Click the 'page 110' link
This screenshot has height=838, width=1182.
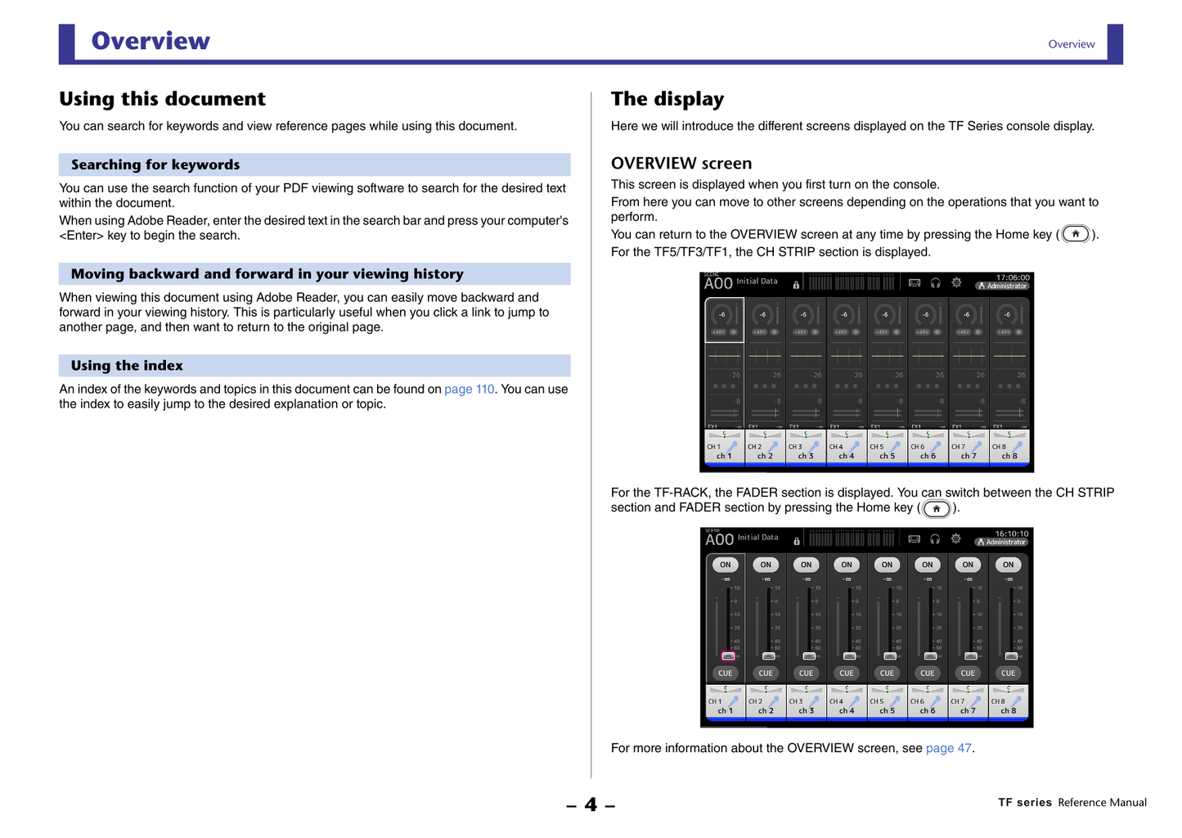[x=469, y=390]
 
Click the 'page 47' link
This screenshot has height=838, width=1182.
[x=948, y=748]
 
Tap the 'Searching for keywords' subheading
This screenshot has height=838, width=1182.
[x=155, y=164]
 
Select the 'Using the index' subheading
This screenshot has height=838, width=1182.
[x=127, y=366]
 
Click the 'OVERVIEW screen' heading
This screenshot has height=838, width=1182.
[x=681, y=164]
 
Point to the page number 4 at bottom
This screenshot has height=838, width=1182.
[x=591, y=805]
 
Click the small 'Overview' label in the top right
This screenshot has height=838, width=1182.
[x=1071, y=44]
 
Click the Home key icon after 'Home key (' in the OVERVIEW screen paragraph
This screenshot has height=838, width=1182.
[x=1076, y=234]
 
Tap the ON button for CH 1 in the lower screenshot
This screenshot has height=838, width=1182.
[x=725, y=565]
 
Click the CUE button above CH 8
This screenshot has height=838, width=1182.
[x=1008, y=674]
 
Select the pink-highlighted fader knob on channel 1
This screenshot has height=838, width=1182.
[x=728, y=656]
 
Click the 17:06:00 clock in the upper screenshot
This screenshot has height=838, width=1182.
[x=1013, y=277]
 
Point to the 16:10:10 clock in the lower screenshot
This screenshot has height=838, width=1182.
[x=1011, y=534]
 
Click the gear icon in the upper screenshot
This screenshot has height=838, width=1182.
[x=956, y=282]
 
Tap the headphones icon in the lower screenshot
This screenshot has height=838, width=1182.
[x=935, y=538]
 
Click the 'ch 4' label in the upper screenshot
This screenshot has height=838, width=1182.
[x=846, y=457]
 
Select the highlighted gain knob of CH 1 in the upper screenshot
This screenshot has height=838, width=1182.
[x=722, y=315]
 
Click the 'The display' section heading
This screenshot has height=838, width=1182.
[x=667, y=99]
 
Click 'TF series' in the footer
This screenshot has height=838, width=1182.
[x=1024, y=803]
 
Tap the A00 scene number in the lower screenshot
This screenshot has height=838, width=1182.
[x=719, y=539]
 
